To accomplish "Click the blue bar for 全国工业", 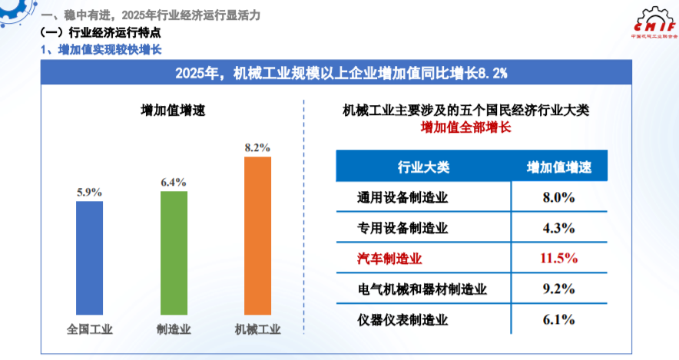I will tap(90, 258).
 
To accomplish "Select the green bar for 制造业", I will tap(174, 253).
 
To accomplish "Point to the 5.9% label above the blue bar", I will tap(90, 193).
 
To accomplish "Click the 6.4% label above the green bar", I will tap(174, 182).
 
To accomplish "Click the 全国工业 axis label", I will tap(90, 330).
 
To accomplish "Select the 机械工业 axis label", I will tap(257, 330).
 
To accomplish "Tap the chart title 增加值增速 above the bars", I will tap(173, 111).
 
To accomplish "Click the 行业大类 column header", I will tap(422, 167).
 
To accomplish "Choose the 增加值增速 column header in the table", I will tap(558, 167).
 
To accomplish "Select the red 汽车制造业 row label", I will tap(391, 258).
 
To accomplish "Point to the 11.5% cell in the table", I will tap(558, 258).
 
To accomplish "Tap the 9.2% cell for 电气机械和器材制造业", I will tap(558, 289).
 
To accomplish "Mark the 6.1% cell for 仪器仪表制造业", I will tap(558, 319).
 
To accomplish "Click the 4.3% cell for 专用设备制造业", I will tap(558, 228).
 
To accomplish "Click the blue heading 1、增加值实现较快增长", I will tap(101, 49).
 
